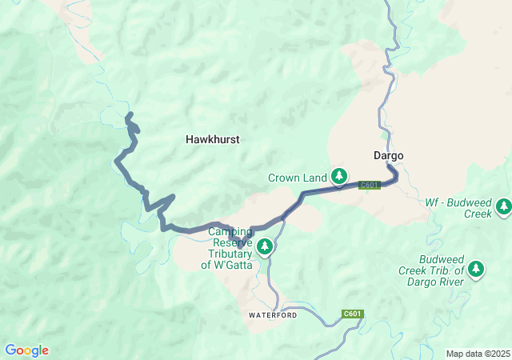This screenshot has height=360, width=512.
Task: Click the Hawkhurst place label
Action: (x=212, y=139)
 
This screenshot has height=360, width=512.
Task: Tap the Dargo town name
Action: (x=388, y=155)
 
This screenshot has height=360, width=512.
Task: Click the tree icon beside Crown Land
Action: (x=340, y=175)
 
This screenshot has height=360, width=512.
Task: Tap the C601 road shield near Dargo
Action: (x=369, y=185)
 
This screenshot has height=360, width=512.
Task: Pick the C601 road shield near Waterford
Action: (x=353, y=314)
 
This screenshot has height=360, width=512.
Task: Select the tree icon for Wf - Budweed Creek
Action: (x=503, y=206)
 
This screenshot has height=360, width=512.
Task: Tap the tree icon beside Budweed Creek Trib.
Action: (x=476, y=268)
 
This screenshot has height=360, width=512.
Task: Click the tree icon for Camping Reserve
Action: (x=265, y=247)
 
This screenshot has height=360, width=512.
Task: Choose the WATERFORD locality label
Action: (x=273, y=315)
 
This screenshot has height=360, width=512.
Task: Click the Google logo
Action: (x=26, y=350)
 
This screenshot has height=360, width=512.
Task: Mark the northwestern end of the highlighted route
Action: (x=129, y=117)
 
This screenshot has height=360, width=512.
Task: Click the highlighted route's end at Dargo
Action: (x=390, y=166)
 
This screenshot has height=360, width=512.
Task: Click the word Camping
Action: (x=231, y=231)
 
